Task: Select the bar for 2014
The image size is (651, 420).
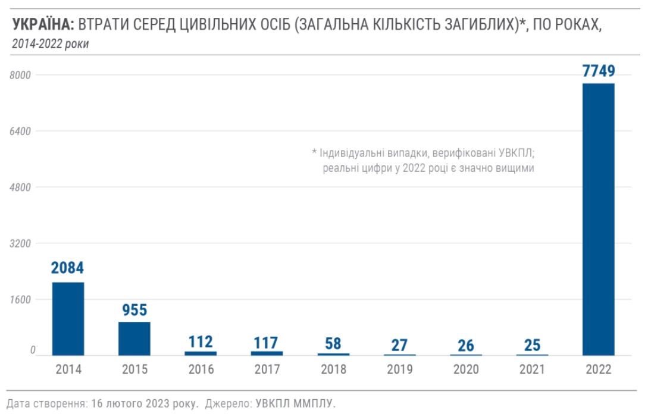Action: click(x=68, y=318)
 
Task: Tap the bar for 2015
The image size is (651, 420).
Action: click(x=134, y=338)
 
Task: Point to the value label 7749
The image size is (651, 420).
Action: click(x=598, y=71)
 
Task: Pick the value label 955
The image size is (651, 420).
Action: click(x=134, y=310)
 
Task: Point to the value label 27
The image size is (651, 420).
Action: click(x=400, y=344)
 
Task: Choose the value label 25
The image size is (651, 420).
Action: click(x=532, y=344)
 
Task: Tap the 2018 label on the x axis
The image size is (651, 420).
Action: click(x=333, y=369)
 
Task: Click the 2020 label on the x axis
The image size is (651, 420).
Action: click(x=466, y=369)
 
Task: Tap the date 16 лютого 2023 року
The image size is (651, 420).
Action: click(x=145, y=404)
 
